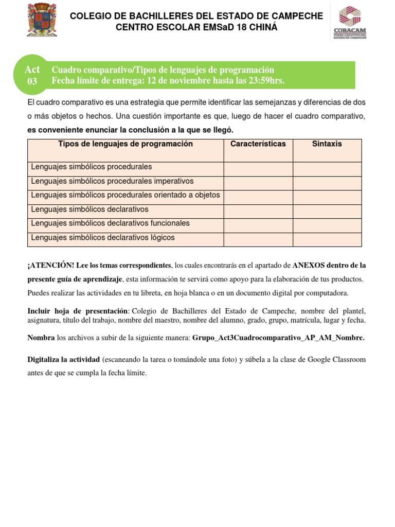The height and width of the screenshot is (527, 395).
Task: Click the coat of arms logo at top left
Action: point(42,20)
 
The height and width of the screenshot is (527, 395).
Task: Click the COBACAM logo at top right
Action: point(350,23)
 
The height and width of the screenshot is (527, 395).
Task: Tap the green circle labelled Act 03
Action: point(32,75)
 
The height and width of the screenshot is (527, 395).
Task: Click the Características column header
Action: point(258,144)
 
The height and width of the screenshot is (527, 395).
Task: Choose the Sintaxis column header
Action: point(327,144)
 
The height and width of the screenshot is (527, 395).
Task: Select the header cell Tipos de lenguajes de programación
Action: point(125,144)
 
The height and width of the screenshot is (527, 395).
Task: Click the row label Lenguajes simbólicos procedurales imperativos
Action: point(112,181)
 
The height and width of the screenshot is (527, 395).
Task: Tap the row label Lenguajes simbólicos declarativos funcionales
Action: point(110,223)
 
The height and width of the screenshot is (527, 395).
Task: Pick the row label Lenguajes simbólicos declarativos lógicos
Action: point(103,238)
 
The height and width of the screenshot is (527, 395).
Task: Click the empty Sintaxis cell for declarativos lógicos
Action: point(327,239)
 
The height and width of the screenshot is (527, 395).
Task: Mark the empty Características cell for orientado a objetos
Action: point(258,197)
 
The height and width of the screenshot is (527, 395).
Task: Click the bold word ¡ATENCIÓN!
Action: point(50,266)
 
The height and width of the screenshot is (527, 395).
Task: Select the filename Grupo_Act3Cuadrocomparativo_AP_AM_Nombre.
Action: point(278,338)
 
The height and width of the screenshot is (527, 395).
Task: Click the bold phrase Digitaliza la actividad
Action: point(64,359)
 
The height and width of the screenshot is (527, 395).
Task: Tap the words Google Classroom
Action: point(336,359)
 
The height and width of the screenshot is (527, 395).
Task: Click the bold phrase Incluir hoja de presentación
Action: point(77,311)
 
